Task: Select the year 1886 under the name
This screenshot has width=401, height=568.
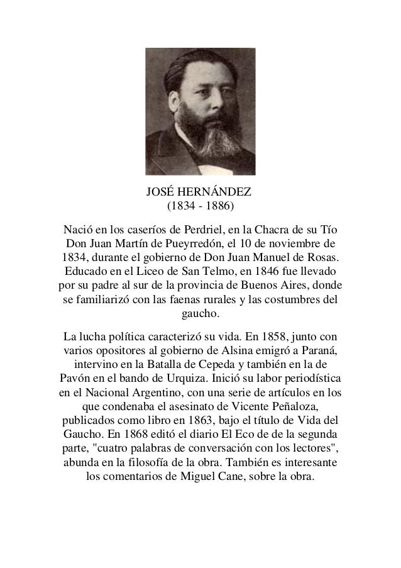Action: click(x=217, y=206)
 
